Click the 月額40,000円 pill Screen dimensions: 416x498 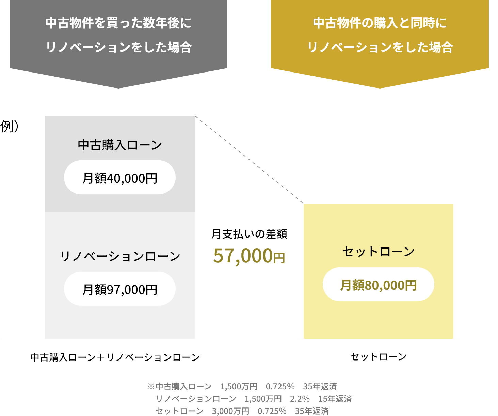pos(119,178)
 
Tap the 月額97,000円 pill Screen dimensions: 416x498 pos(119,289)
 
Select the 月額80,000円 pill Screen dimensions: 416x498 pos(378,285)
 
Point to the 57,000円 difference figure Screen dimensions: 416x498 pos(249,256)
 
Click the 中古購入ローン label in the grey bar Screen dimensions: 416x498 pos(119,145)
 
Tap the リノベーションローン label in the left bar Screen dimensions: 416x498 pos(119,256)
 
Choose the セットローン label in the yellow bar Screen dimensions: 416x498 pos(378,252)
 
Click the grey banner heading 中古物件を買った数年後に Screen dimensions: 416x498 pos(118,23)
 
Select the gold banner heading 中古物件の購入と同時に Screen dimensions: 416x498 pos(380,23)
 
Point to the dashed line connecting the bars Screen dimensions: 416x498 pos(249,160)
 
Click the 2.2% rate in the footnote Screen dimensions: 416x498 pos(300,399)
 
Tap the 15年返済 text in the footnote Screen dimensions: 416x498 pos(335,399)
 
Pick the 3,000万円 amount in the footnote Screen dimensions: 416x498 pos(230,411)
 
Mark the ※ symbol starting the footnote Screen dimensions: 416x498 pos(151,387)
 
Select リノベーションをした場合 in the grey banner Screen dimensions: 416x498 pos(118,47)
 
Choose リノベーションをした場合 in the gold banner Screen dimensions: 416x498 pos(380,47)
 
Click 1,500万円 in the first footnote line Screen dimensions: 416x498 pos(239,387)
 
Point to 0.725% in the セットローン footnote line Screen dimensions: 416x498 pos(272,411)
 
